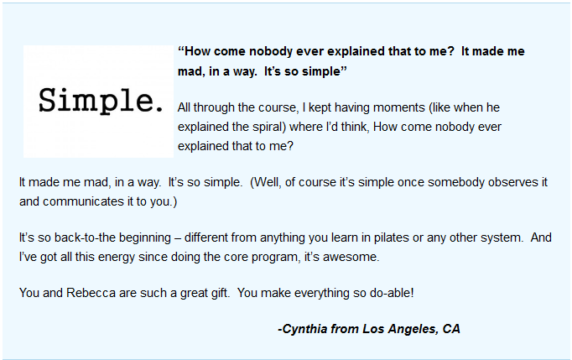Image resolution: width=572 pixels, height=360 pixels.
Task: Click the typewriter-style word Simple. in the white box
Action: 101,101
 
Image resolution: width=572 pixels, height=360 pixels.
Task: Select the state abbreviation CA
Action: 451,329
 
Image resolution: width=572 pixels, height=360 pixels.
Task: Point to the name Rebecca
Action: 91,293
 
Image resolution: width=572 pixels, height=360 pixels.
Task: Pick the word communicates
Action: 83,201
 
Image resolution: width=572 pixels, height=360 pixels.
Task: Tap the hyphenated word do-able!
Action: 392,293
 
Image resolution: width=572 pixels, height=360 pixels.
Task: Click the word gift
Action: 221,293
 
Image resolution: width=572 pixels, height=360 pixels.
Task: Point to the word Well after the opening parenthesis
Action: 268,182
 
